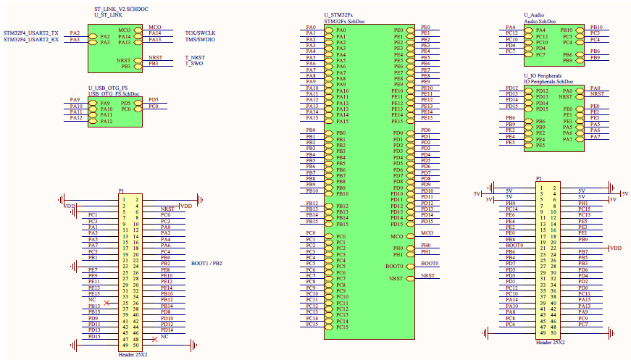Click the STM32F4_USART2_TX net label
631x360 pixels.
click(30, 33)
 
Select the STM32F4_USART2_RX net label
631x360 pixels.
click(30, 40)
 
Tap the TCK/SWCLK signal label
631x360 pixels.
click(200, 33)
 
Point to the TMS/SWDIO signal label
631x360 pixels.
click(200, 40)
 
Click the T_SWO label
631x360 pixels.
click(193, 64)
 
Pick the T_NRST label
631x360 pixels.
click(195, 57)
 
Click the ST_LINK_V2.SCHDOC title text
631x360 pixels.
click(120, 9)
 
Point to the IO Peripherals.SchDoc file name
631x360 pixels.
click(548, 82)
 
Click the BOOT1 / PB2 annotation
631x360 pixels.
click(206, 263)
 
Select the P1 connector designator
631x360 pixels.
click(121, 191)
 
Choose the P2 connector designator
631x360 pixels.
click(538, 178)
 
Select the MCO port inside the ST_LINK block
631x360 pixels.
click(125, 30)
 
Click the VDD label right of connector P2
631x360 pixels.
click(616, 248)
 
